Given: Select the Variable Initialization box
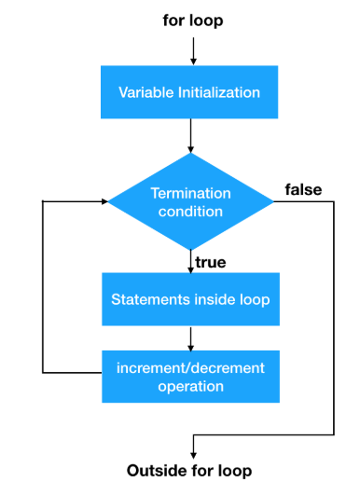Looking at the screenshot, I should pos(189,92).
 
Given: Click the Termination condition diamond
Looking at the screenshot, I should pos(189,201).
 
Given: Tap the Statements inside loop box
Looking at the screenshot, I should pos(189,300).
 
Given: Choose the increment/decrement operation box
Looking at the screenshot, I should pos(189,375).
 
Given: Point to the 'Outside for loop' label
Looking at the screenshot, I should pos(189,469).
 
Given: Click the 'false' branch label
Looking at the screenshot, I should pos(303,189).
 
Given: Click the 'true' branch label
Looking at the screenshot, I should pos(210,263).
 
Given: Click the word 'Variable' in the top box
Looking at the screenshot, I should pos(143,92).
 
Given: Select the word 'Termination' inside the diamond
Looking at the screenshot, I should pos(189,193).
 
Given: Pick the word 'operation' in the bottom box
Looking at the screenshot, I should pos(189,384).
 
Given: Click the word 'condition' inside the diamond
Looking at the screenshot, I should pos(189,211).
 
